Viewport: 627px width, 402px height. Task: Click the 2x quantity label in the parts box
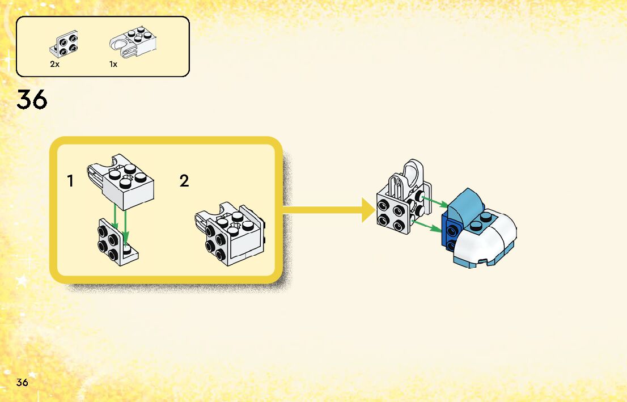(x=54, y=65)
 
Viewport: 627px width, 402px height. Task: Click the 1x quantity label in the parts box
(x=113, y=65)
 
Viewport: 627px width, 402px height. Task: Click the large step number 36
(x=32, y=100)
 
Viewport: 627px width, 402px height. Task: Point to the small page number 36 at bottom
(x=22, y=382)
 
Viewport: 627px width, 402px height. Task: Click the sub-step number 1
(x=70, y=181)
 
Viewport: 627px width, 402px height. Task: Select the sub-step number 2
(x=184, y=181)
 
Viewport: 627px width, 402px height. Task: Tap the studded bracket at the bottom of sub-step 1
(x=117, y=242)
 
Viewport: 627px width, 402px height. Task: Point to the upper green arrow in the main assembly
(x=437, y=202)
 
